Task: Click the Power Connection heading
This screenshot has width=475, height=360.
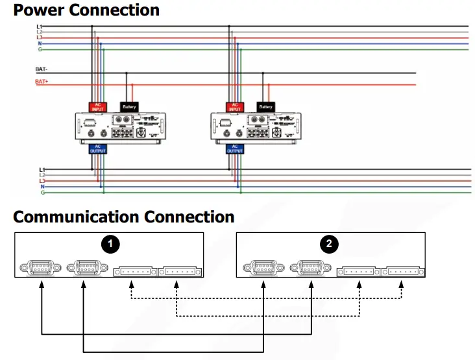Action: [86, 10]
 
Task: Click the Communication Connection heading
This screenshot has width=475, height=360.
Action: [123, 217]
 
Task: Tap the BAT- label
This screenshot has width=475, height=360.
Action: [42, 68]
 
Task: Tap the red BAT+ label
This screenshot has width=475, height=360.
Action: [42, 82]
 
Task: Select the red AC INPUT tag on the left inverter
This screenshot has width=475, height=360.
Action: [97, 106]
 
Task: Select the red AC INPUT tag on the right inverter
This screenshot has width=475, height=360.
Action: [235, 106]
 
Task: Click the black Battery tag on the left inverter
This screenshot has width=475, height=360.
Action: [128, 106]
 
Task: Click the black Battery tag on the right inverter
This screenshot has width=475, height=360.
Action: [265, 106]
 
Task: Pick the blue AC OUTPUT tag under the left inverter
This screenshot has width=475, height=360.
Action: [97, 149]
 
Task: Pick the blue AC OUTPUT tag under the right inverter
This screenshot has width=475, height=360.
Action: [235, 149]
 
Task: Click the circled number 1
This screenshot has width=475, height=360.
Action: [112, 244]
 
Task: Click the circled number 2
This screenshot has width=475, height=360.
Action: [330, 244]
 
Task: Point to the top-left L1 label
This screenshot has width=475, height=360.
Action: [40, 26]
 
